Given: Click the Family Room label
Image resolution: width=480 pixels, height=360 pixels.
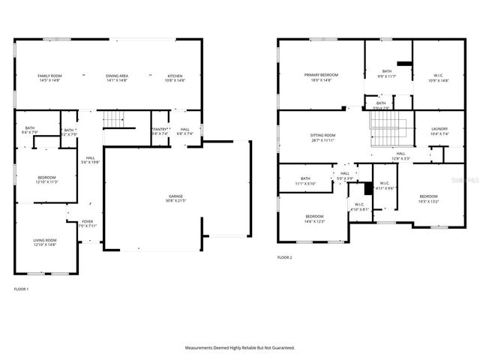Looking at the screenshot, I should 49,76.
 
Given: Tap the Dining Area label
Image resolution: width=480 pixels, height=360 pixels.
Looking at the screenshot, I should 116,76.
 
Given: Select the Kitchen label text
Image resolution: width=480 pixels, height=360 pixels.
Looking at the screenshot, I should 175,76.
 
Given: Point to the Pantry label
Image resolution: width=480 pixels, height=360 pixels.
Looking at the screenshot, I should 160,129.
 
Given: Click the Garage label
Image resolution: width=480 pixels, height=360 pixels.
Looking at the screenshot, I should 175,197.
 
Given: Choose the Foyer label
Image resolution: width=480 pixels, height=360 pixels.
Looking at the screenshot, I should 88,222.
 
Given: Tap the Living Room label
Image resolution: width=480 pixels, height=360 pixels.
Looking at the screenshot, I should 45,240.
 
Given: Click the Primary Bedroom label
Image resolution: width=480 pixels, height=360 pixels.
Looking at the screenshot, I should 321,75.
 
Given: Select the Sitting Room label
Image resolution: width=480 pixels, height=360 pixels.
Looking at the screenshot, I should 322,135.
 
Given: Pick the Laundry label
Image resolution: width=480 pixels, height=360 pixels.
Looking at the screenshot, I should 439,129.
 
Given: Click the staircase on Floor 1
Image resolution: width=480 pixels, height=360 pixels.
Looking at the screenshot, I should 112,118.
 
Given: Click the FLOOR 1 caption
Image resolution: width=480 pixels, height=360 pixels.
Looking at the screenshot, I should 21,289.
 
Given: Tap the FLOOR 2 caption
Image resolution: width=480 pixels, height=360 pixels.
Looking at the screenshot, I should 284,257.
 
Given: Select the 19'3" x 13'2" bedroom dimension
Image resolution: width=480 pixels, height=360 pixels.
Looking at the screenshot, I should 428,201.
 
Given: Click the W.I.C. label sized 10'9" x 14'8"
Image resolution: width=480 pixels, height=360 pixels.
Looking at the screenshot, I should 438,75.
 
